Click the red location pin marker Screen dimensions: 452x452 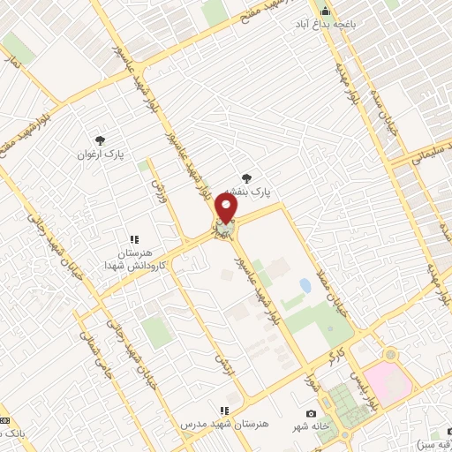227,208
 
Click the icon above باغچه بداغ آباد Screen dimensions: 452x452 325,11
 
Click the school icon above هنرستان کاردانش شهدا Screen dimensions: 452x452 134,238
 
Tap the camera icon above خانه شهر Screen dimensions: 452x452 311,414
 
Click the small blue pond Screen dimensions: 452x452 305,286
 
